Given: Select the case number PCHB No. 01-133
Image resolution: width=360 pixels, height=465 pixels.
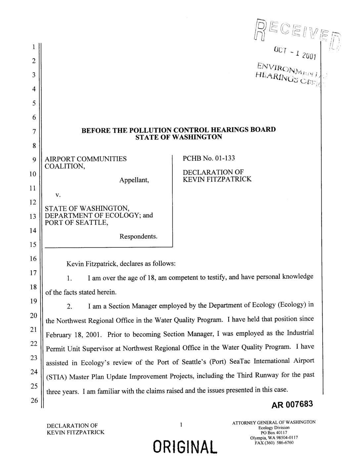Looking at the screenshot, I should [x=209, y=158].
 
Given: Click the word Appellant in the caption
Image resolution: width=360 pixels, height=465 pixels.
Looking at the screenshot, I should [x=134, y=180].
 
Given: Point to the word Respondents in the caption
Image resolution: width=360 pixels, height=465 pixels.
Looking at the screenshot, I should [x=139, y=237].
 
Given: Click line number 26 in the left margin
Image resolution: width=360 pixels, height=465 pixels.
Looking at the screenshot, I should [x=33, y=400].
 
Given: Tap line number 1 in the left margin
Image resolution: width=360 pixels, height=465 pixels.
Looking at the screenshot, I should [x=33, y=47].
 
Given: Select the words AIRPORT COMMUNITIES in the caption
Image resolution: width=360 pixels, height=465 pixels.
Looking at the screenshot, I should [x=86, y=159].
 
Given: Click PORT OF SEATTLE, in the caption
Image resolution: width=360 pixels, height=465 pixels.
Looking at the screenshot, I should [x=77, y=223].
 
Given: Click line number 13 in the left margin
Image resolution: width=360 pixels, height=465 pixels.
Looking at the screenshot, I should [x=33, y=216].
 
